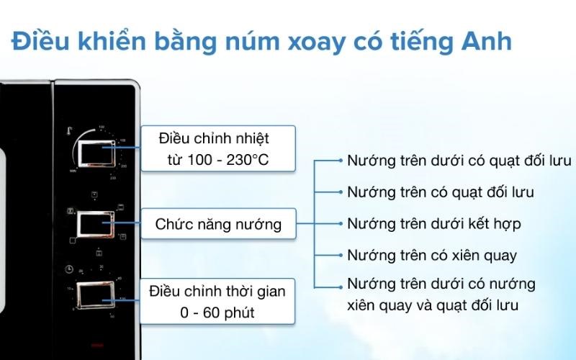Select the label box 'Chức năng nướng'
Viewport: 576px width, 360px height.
[217, 225]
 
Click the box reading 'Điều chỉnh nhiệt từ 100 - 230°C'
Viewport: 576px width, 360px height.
[217, 148]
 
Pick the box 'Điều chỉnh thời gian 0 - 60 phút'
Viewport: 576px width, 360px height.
[217, 302]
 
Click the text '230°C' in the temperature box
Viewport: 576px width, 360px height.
[244, 159]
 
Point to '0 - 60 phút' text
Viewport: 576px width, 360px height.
[217, 313]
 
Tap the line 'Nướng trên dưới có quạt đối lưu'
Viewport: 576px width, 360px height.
[459, 160]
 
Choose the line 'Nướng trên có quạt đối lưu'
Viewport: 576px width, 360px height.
[440, 192]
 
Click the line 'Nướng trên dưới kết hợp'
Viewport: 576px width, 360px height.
[433, 223]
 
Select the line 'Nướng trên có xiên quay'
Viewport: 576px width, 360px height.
[431, 255]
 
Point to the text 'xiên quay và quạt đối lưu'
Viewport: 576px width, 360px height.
[433, 305]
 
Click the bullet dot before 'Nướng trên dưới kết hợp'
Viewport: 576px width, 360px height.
[340, 224]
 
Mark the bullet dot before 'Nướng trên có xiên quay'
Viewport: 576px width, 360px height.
[340, 255]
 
